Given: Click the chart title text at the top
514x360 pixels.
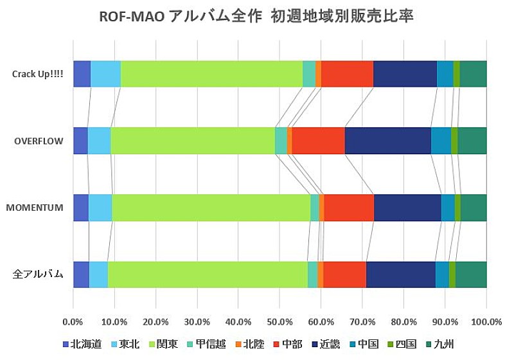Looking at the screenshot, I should click(x=257, y=17).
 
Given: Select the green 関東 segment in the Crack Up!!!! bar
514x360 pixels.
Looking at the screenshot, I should click(x=211, y=73).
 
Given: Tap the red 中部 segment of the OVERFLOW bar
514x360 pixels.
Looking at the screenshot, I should click(x=318, y=140).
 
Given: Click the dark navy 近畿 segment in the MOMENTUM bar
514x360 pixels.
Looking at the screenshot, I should click(x=407, y=207).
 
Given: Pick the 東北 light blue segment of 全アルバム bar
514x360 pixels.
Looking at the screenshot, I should click(x=98, y=274).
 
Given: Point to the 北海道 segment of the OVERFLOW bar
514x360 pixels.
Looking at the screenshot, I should click(x=80, y=140).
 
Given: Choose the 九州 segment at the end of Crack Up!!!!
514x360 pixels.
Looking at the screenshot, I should click(x=473, y=73).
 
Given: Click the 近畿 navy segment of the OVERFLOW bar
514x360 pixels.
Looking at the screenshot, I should click(x=387, y=140).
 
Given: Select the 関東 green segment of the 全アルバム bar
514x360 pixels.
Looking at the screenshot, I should click(x=208, y=274).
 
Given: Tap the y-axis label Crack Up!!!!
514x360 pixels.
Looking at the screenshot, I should click(x=37, y=73).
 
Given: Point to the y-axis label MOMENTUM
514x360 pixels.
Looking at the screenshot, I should click(x=35, y=208).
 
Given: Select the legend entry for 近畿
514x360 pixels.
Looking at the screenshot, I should click(x=327, y=344).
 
